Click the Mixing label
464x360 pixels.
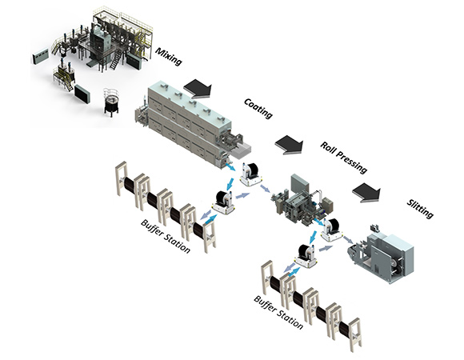tap(168, 56)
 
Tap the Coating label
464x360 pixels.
tap(258, 109)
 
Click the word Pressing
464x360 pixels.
tap(351, 162)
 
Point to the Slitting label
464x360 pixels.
tap(420, 209)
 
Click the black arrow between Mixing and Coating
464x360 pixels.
tap(198, 89)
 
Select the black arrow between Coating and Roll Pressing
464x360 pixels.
tap(289, 145)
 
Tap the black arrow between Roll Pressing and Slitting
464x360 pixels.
tap(366, 193)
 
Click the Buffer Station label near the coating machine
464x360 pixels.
tap(166, 236)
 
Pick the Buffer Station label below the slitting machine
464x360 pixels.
tap(278, 313)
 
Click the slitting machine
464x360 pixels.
tap(382, 256)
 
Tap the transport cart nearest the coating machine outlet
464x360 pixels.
tap(251, 174)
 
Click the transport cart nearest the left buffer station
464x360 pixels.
tap(224, 202)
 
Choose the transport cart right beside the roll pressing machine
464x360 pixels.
tap(331, 230)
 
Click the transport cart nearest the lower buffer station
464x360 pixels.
tap(306, 256)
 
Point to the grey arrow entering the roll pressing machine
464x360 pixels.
tap(265, 189)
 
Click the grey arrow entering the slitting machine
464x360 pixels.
tap(348, 240)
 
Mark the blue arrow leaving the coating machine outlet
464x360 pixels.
tap(230, 166)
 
